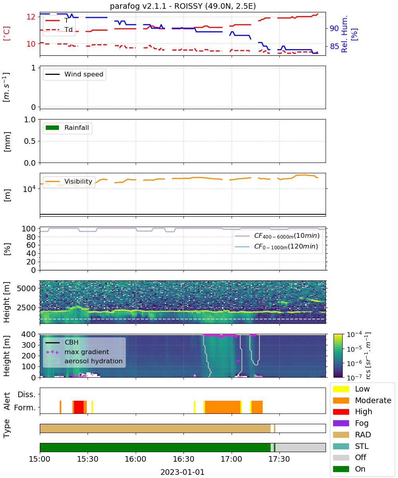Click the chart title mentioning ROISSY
click(x=183, y=6)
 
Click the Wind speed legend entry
click(x=74, y=74)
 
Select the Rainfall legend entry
click(x=67, y=127)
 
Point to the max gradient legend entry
click(x=78, y=352)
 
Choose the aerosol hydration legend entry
click(x=84, y=361)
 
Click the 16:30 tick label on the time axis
click(x=183, y=459)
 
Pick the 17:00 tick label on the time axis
click(x=231, y=459)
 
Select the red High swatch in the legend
click(x=341, y=412)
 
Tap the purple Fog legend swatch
click(x=341, y=423)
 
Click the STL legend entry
click(x=351, y=446)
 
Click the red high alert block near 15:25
click(x=79, y=407)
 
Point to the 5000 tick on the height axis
click(x=26, y=288)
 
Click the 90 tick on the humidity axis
click(x=334, y=28)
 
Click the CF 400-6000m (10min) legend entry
click(x=277, y=236)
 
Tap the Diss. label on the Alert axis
click(x=27, y=394)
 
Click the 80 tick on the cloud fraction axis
click(x=31, y=237)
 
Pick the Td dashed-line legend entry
click(x=59, y=29)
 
